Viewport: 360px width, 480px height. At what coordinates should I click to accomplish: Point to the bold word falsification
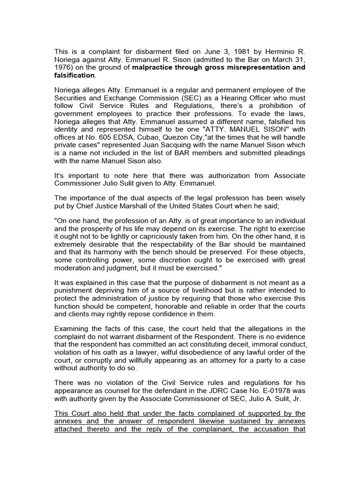pos(75,75)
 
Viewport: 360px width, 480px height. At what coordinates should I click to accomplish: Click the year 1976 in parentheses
pos(65,67)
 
